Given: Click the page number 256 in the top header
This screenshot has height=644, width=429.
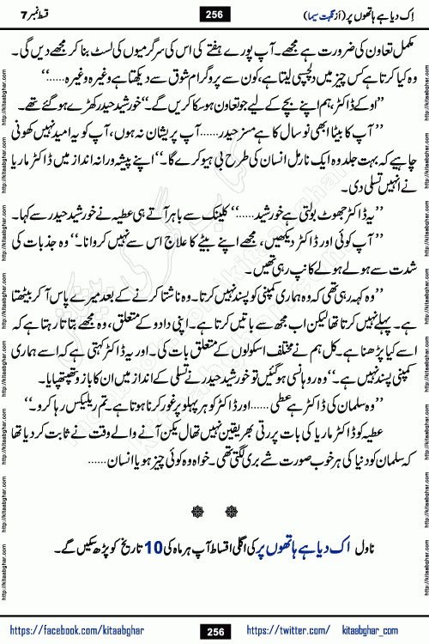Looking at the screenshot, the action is coord(214,13).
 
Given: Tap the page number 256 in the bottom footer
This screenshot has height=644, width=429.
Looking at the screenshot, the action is coord(214,632).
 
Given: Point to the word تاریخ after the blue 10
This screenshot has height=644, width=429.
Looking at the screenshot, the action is coord(147,550).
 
